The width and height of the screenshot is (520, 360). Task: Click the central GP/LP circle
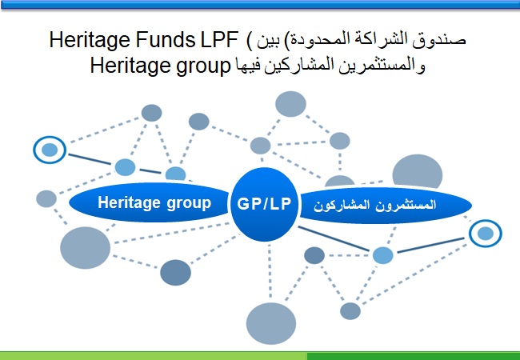pos(264,204)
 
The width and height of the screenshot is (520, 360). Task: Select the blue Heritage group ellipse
pos(150,202)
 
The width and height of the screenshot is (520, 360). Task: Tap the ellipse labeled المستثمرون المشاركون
pos(385,205)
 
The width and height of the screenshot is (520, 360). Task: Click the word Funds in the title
pos(165,40)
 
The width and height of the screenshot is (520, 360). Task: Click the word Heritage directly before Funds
pos(90,40)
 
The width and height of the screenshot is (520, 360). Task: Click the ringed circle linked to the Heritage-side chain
pos(50,150)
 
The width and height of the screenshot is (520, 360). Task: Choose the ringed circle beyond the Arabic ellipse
pos(485,234)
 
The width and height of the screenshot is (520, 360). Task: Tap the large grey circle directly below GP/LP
pos(271,323)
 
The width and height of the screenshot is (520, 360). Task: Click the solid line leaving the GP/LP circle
pos(334,238)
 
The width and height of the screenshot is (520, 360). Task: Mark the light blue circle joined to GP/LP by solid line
pos(382,255)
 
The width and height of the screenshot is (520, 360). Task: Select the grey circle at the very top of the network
pos(290,104)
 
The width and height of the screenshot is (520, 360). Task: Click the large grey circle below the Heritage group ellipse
pos(86,248)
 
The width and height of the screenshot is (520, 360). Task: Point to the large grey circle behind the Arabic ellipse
pos(417,172)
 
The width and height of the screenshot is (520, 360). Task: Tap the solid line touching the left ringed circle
pos(90,159)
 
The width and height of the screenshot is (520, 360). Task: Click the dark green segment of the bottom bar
pos(414,356)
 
